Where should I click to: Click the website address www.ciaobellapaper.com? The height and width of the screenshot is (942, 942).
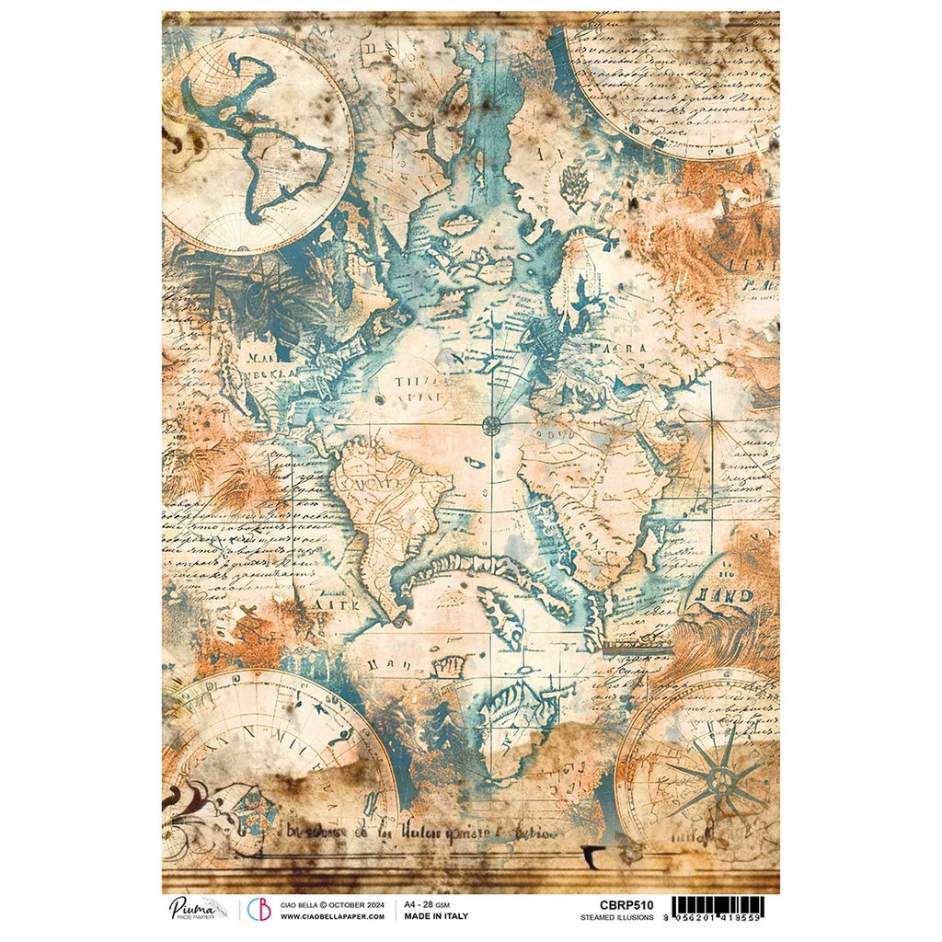click(332, 916)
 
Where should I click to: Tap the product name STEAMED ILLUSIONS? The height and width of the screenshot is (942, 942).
click(616, 917)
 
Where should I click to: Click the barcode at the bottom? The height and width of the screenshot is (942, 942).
click(718, 907)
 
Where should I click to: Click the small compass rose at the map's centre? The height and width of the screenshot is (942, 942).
click(492, 424)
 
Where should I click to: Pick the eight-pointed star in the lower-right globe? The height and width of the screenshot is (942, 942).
click(722, 774)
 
